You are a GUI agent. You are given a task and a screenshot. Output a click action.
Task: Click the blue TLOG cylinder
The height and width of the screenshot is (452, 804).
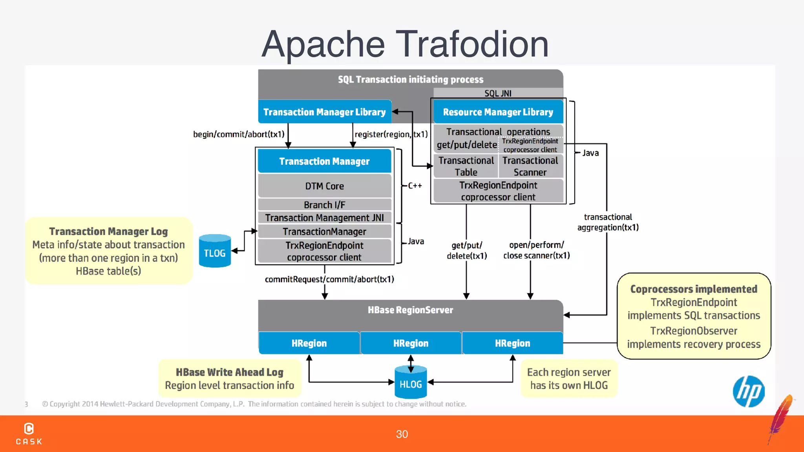pos(215,252)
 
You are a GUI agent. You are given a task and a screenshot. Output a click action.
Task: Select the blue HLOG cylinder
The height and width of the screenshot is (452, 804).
pos(411,383)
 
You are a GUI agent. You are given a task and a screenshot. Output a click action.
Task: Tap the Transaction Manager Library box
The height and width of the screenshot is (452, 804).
pos(324,112)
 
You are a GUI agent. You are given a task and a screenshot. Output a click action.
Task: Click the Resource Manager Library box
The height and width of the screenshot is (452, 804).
pos(498,112)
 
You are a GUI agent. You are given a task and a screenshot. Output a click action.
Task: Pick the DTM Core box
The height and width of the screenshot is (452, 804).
pos(324,186)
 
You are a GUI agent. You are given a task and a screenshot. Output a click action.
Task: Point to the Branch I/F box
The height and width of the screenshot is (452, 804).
pos(324,204)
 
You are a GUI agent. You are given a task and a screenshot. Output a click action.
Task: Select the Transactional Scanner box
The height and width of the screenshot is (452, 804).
pos(530,166)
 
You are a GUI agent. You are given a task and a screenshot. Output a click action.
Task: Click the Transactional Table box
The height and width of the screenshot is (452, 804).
pos(466,166)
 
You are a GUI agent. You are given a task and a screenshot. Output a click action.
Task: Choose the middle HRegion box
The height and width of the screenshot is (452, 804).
pos(411,343)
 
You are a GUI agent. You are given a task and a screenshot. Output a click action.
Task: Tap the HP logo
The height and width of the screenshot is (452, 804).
pos(748,391)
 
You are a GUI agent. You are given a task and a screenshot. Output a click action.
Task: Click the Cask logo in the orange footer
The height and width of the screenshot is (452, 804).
pos(29,434)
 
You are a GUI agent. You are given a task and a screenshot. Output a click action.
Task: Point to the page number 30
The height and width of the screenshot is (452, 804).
pos(402,434)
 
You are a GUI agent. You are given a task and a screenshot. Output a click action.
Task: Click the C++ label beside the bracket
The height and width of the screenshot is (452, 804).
pos(415,186)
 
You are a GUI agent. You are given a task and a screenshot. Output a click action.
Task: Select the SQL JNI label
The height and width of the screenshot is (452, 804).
pos(498,93)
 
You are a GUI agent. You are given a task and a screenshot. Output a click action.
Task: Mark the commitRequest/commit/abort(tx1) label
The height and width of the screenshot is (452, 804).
pos(329,279)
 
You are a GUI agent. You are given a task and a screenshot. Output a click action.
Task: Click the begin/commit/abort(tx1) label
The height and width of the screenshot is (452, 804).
pos(239,134)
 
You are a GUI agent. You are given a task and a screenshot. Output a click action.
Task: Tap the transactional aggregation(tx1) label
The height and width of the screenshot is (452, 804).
pos(608,222)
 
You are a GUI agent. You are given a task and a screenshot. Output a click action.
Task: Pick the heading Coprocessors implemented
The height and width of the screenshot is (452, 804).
pos(693,289)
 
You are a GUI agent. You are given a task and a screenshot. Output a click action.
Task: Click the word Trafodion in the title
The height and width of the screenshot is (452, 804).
pos(471,44)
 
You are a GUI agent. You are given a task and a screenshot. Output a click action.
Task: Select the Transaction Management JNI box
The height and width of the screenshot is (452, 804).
pos(324,218)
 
